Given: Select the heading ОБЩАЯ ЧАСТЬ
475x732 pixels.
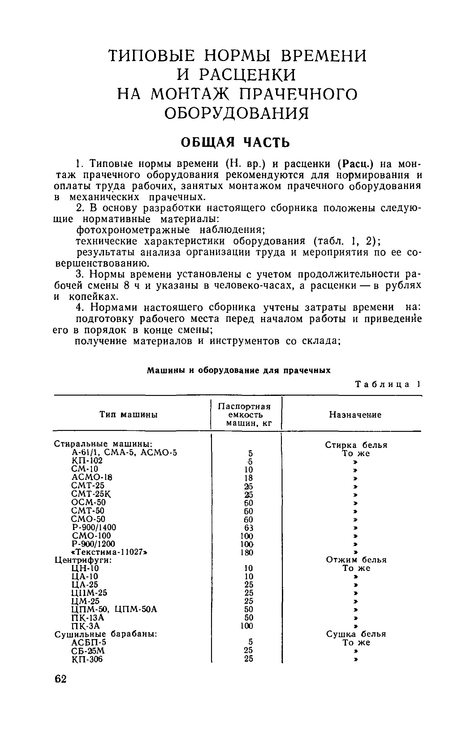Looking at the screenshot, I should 235,142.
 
